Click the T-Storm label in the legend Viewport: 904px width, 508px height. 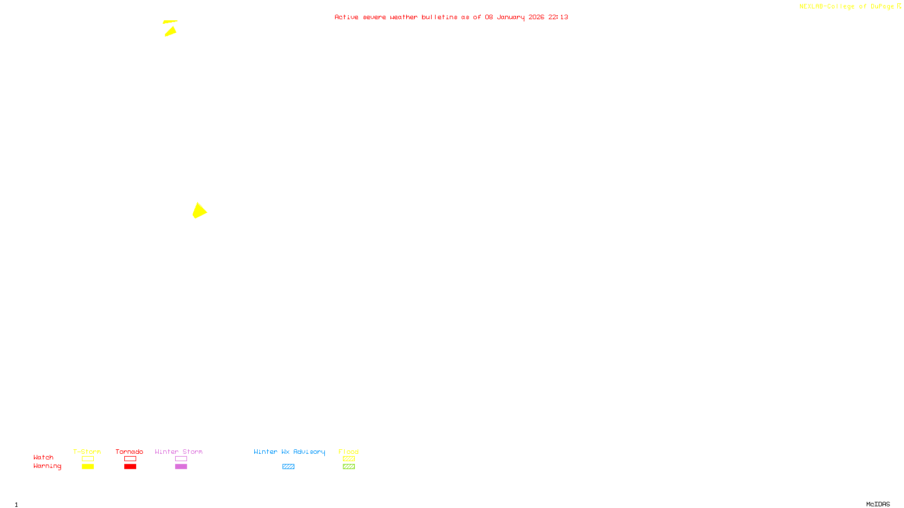click(x=87, y=452)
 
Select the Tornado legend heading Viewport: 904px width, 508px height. click(x=129, y=452)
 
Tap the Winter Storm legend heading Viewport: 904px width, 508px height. click(x=179, y=452)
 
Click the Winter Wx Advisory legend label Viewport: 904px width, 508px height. click(x=289, y=452)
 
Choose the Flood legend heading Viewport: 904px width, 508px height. click(x=349, y=452)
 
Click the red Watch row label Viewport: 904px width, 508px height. click(x=44, y=457)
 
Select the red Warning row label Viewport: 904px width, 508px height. click(x=47, y=466)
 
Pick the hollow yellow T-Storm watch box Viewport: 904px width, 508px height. click(x=88, y=459)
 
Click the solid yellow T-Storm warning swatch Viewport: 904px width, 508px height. click(x=88, y=467)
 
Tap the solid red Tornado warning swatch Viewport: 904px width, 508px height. click(x=130, y=467)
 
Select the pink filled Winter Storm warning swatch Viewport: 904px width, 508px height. click(x=181, y=467)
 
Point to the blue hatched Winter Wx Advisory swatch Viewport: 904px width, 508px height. click(x=288, y=467)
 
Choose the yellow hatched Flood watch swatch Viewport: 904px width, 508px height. click(x=349, y=459)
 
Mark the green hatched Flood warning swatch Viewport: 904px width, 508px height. click(x=349, y=467)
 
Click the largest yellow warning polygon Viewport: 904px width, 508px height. click(x=199, y=211)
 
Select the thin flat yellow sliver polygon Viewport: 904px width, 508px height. click(x=169, y=22)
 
